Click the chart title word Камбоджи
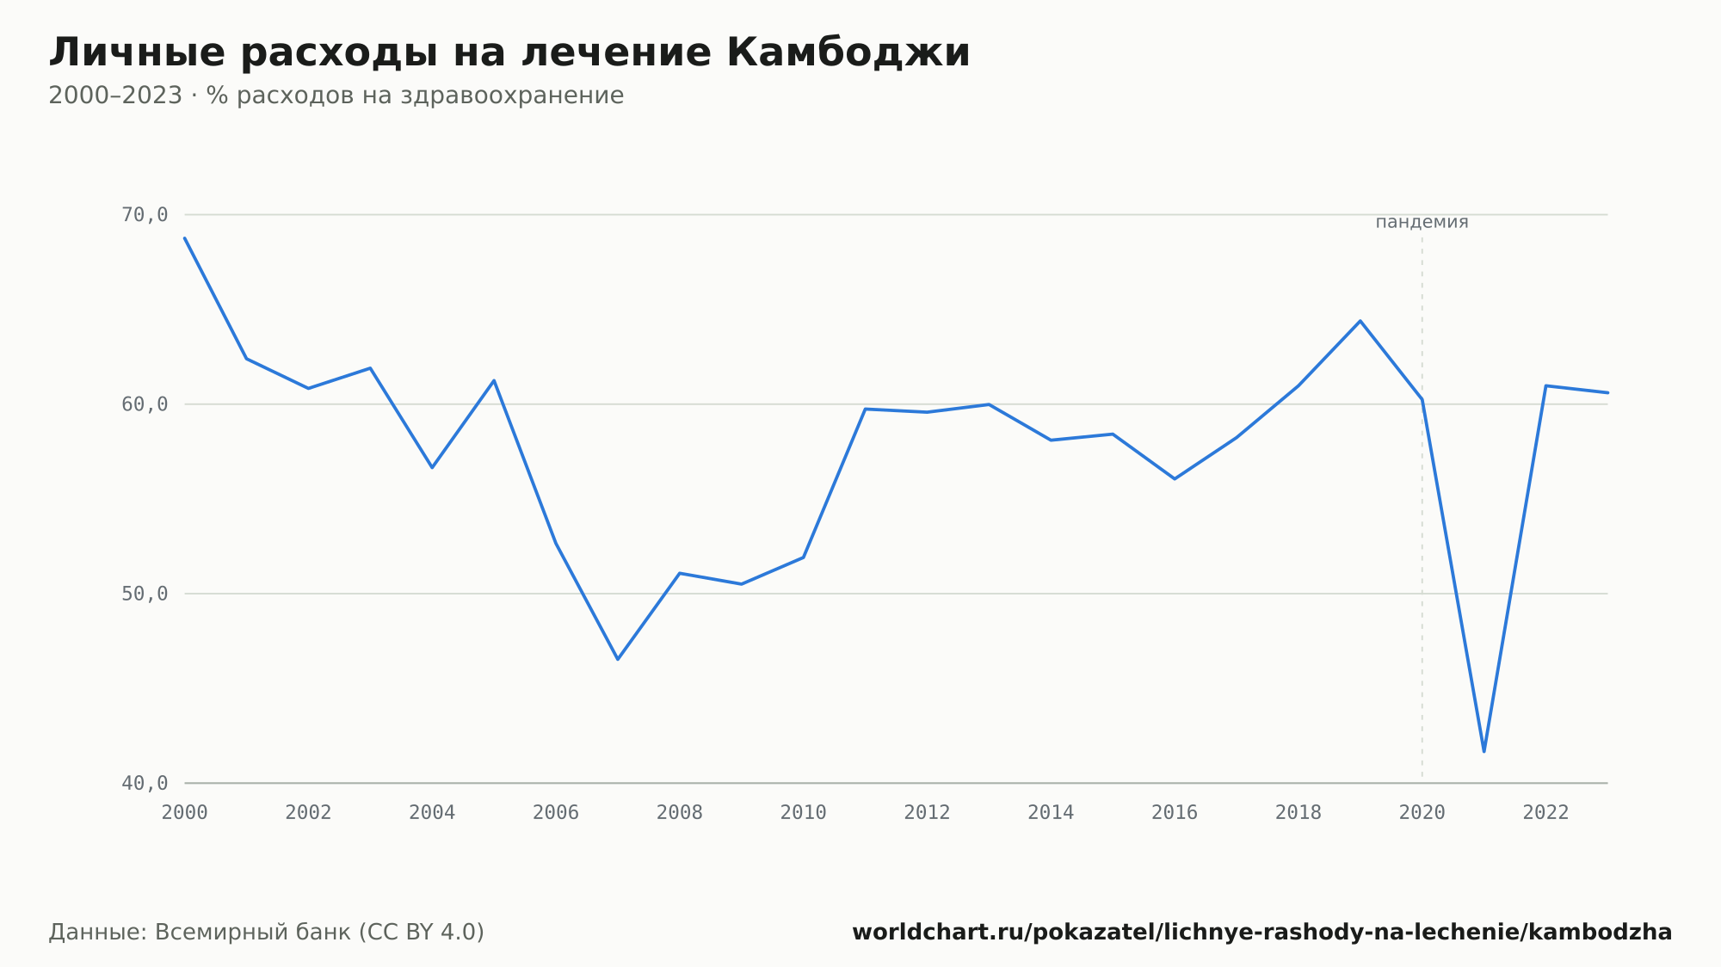(x=848, y=52)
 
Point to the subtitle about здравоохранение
(x=336, y=95)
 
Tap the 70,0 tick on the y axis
(x=145, y=215)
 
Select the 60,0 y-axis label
(x=145, y=404)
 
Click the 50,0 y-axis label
(x=145, y=594)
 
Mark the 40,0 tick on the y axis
(x=145, y=783)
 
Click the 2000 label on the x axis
(x=185, y=813)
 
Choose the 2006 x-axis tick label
(x=556, y=813)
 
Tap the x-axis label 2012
(x=927, y=813)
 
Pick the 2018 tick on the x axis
(x=1298, y=813)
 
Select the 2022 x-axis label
(x=1545, y=813)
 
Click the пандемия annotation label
(x=1422, y=222)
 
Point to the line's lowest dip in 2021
(x=1484, y=751)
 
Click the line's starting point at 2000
(x=185, y=238)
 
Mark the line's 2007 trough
(x=618, y=659)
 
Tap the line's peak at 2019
(x=1360, y=321)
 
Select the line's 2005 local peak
(x=494, y=380)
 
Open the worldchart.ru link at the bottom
(x=1261, y=933)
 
